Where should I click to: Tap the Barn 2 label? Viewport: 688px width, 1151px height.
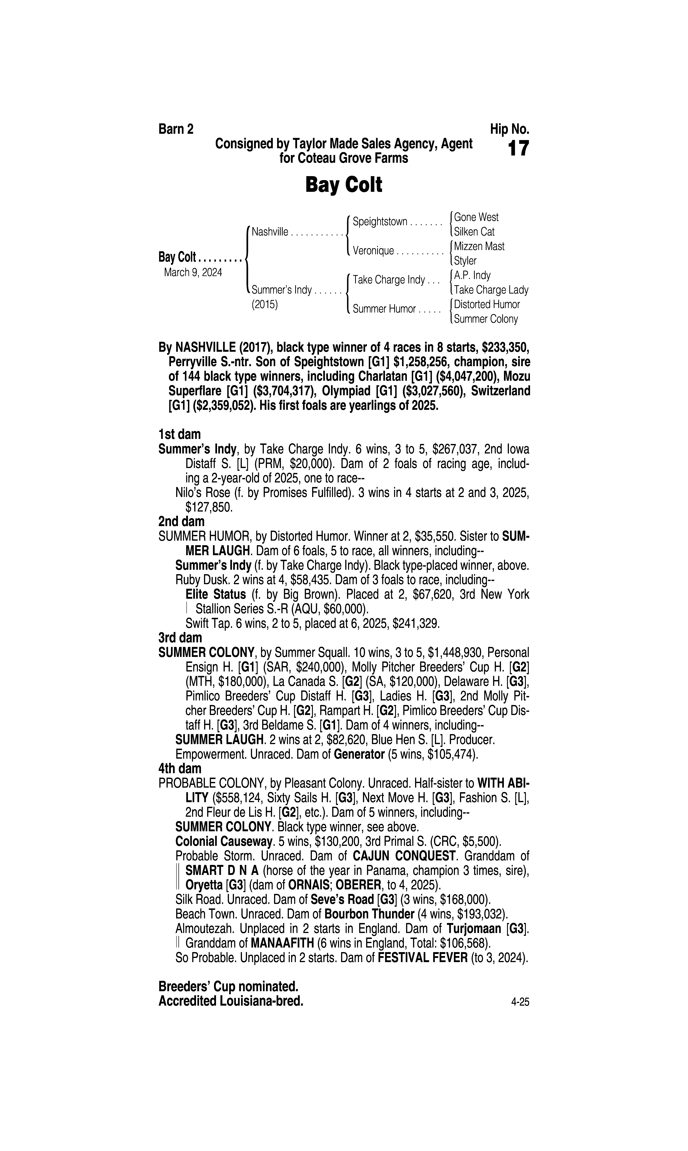pyautogui.click(x=176, y=129)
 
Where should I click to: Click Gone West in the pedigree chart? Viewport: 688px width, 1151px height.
pyautogui.click(x=476, y=217)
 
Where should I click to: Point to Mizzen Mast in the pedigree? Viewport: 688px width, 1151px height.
pyautogui.click(x=479, y=246)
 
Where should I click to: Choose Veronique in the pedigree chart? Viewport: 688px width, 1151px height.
pyautogui.click(x=373, y=251)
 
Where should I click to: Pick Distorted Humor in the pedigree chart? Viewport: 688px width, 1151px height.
pyautogui.click(x=487, y=304)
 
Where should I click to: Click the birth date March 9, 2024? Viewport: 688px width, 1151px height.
pyautogui.click(x=193, y=272)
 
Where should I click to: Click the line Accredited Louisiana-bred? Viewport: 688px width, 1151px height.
pyautogui.click(x=230, y=1001)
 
